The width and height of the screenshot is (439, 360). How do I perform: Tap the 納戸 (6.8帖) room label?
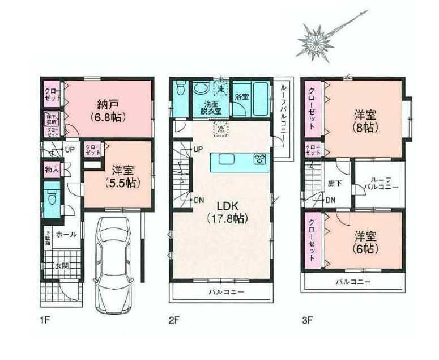tap(111, 111)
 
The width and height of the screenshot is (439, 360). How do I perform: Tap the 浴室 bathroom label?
tap(242, 97)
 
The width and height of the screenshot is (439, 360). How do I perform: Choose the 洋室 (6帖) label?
tap(365, 242)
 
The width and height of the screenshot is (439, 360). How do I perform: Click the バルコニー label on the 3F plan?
tap(352, 282)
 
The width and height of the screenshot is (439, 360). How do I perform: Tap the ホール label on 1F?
tap(67, 234)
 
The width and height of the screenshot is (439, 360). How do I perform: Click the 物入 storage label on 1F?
tap(51, 168)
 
